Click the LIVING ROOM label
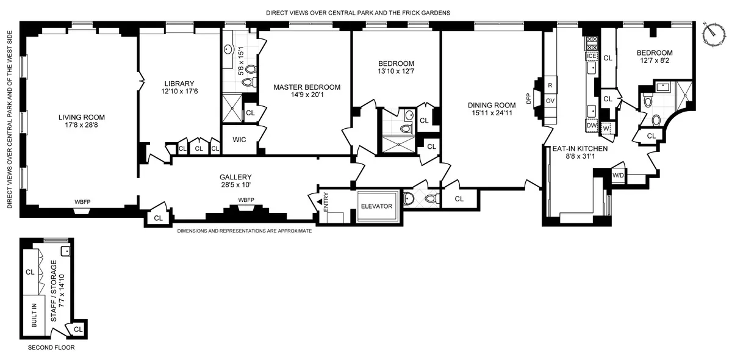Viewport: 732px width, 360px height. coord(82,117)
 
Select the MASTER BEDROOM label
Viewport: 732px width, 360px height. coord(307,87)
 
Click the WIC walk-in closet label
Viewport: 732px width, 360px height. coord(239,140)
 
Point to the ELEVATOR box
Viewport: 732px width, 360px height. coord(376,206)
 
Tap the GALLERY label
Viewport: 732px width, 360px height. coord(235,177)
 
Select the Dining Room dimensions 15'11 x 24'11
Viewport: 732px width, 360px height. coord(492,113)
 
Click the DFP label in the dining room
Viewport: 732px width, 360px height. coord(529,97)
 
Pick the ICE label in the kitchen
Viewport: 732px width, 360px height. coord(590,56)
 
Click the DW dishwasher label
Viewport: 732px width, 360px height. coord(590,125)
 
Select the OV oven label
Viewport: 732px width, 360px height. coord(550,101)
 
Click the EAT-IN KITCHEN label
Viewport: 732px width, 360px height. coord(580,148)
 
